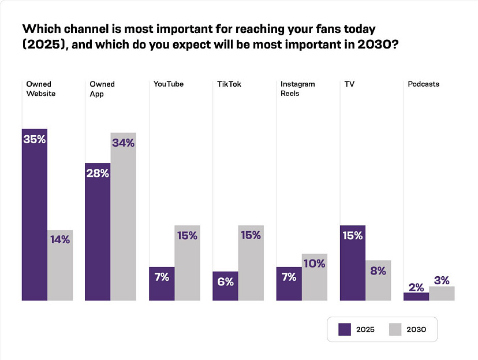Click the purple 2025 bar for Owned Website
35,214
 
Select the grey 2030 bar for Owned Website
60,265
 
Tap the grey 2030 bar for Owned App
123,217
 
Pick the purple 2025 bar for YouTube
162,284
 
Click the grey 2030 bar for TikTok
251,263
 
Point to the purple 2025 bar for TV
352,263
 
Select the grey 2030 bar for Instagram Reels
315,277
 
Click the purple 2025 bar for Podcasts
416,296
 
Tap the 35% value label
35,139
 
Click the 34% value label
123,143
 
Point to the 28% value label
98,173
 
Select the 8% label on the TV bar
378,270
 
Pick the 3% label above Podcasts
442,280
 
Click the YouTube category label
169,84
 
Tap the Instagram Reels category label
297,89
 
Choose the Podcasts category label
423,84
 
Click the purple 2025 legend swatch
345,329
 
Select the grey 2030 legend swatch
395,329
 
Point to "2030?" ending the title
378,44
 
